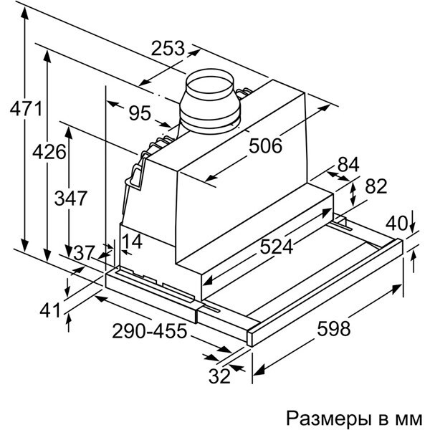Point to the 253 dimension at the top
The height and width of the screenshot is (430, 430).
(168, 49)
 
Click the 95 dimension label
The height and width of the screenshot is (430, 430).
(139, 113)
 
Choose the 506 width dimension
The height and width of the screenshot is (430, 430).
(266, 145)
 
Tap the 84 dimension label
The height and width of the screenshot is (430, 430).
(348, 164)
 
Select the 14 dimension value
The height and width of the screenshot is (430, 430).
(130, 242)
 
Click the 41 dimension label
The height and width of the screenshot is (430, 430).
(49, 310)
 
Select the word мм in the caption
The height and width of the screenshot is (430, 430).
(411, 417)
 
